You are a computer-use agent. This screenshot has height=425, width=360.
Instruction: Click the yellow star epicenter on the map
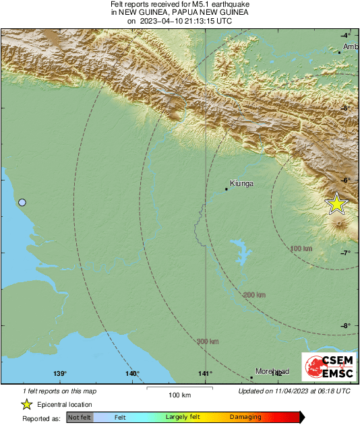[x=336, y=203]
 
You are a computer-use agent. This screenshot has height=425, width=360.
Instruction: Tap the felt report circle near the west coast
[x=22, y=202]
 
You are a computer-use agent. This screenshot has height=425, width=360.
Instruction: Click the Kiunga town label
[x=241, y=183]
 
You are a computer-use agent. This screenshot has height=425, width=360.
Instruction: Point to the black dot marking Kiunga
[x=227, y=189]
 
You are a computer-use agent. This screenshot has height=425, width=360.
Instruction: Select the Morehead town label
[x=272, y=371]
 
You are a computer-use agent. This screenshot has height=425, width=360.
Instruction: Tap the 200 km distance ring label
[x=255, y=295]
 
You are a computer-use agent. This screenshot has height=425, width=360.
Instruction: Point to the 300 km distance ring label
[x=208, y=341]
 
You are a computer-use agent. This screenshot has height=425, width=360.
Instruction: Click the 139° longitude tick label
[x=59, y=374]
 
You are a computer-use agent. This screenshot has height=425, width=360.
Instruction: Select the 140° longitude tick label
[x=132, y=374]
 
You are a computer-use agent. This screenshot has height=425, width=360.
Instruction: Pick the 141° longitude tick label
[x=205, y=374]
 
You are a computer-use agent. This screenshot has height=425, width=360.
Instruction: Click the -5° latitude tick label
[x=345, y=108]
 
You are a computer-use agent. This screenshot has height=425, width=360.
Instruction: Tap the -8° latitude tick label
[x=345, y=326]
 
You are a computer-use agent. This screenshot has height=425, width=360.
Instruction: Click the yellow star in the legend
[x=26, y=404]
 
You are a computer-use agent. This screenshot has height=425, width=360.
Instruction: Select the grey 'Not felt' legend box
[x=80, y=418]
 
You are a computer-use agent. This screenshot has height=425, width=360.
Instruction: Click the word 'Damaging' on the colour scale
[x=246, y=418]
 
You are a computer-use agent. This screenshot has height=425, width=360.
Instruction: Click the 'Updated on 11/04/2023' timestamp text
[x=295, y=391]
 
